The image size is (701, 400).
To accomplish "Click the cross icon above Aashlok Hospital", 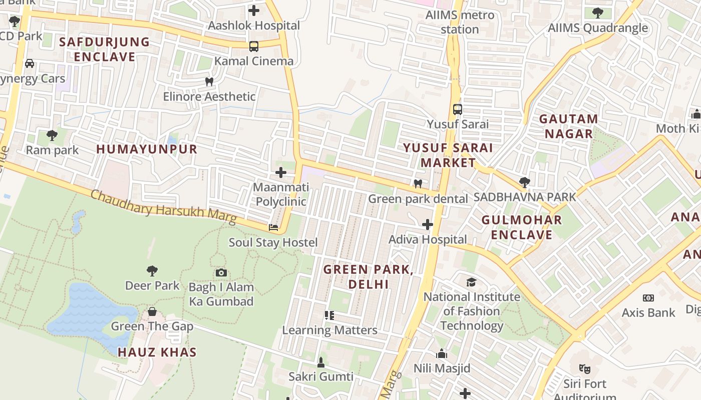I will pyautogui.click(x=254, y=10).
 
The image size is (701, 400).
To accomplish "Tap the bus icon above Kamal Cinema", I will pyautogui.click(x=254, y=46).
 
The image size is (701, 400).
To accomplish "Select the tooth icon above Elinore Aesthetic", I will pyautogui.click(x=209, y=81).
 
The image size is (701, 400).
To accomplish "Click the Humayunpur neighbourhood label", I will pyautogui.click(x=147, y=149).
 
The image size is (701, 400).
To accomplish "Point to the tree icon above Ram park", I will pyautogui.click(x=52, y=135).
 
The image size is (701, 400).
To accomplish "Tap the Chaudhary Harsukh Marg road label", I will pyautogui.click(x=163, y=206).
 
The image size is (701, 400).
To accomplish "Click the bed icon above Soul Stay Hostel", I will pyautogui.click(x=273, y=227).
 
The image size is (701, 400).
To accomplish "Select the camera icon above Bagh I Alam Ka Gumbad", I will pyautogui.click(x=221, y=272).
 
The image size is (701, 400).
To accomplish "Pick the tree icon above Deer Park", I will pyautogui.click(x=152, y=271).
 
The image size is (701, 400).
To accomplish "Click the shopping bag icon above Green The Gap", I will pyautogui.click(x=152, y=312).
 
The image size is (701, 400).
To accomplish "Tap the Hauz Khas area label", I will pyautogui.click(x=157, y=352).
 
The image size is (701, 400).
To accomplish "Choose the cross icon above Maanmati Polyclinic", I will pyautogui.click(x=281, y=172).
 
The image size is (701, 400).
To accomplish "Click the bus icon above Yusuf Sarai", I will pyautogui.click(x=457, y=109).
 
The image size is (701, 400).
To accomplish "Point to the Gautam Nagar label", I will pyautogui.click(x=568, y=126).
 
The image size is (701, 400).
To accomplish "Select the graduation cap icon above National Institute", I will pyautogui.click(x=471, y=282).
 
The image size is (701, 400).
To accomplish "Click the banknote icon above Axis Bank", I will pyautogui.click(x=648, y=298).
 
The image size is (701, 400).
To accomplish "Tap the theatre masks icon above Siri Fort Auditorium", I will pyautogui.click(x=584, y=369).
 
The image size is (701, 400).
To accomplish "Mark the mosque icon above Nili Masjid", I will pyautogui.click(x=442, y=354).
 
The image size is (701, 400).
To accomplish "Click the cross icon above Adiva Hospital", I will pyautogui.click(x=427, y=224).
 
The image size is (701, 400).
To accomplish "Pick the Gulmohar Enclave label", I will pyautogui.click(x=522, y=227).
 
